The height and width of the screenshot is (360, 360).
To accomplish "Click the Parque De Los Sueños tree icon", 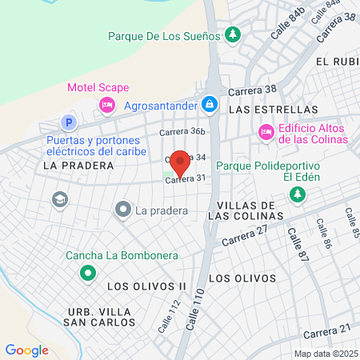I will point(232,35).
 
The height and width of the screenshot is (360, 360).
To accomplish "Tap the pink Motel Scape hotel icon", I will point(106,104).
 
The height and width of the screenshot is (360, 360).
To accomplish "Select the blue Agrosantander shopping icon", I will point(209,104).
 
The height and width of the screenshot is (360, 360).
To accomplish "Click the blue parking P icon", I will point(69,123).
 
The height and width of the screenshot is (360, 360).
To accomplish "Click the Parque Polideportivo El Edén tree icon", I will point(297,194).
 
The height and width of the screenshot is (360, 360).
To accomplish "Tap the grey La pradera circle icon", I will point(122,210).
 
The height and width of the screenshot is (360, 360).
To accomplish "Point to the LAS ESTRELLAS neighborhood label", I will point(273,110).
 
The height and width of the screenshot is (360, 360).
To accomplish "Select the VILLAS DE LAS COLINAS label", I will point(250,209).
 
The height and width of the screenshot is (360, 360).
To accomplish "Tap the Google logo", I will point(26,350).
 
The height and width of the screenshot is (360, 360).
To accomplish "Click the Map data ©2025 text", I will point(325,354).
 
